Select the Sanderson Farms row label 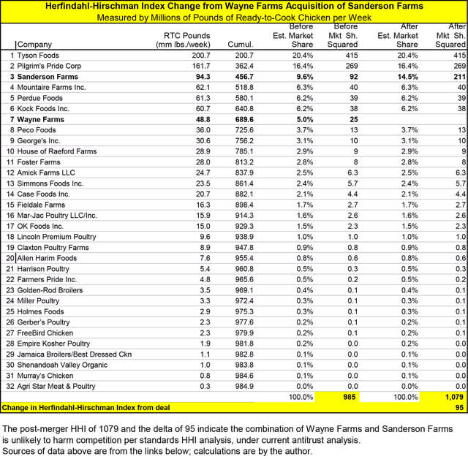click(46, 77)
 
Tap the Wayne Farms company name click(40, 118)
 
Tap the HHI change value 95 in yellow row click(458, 407)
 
